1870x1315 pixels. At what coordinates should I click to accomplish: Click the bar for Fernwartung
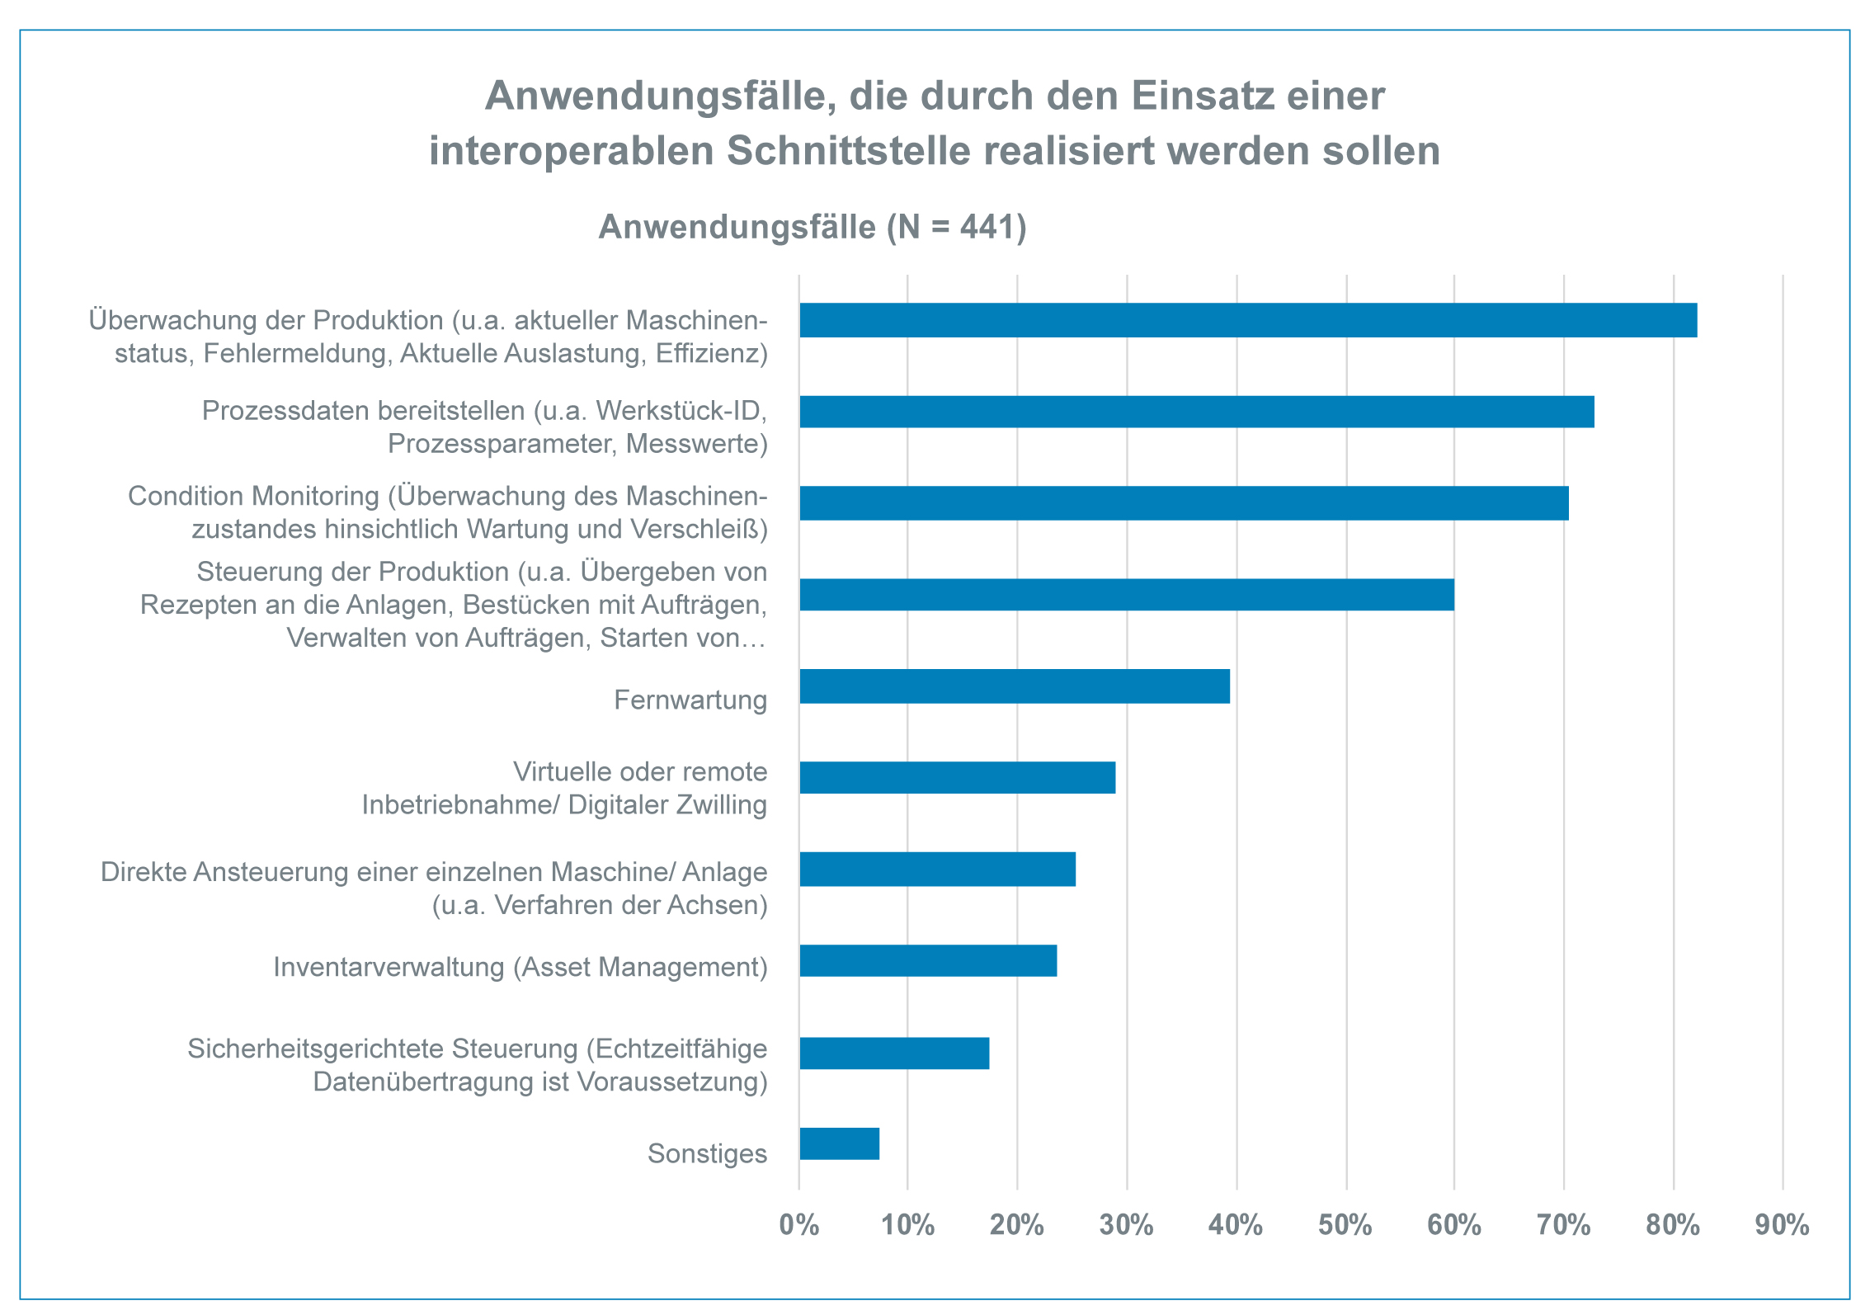pos(1014,686)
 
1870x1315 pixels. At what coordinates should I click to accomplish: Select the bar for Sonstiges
pos(839,1143)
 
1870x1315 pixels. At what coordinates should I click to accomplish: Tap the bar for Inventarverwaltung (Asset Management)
pos(928,961)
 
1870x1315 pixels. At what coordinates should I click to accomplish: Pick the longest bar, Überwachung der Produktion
pos(1247,320)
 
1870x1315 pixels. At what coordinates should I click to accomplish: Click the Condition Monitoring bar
pos(1184,503)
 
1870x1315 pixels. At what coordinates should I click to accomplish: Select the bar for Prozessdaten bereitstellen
pos(1196,412)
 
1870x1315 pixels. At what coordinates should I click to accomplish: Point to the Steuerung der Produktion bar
pos(1126,595)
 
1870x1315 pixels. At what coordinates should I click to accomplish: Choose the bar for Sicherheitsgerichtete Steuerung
pos(894,1053)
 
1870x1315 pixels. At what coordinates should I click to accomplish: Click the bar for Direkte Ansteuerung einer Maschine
pos(937,870)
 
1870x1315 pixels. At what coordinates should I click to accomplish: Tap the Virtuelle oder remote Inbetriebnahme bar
pos(957,778)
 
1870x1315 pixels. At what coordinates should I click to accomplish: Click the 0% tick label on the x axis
pos(798,1225)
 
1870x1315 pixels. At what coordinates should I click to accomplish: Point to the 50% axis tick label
pos(1345,1225)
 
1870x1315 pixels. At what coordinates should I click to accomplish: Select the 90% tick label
pos(1782,1225)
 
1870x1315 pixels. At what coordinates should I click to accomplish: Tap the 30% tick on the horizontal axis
pos(1126,1225)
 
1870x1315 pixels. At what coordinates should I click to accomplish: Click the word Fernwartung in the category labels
pos(690,700)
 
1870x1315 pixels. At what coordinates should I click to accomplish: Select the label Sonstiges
pos(707,1153)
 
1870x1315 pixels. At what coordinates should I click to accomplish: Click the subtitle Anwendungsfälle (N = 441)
pos(813,227)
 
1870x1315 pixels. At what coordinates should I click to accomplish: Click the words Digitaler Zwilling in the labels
pos(667,805)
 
